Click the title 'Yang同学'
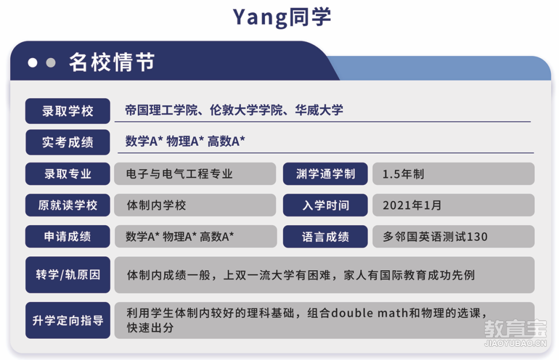(282, 17)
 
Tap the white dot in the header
(32, 63)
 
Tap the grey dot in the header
(51, 63)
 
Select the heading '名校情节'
(112, 62)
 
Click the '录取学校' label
(68, 111)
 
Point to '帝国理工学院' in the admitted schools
(161, 110)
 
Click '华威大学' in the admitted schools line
(319, 110)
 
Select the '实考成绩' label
(68, 142)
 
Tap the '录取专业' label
(68, 174)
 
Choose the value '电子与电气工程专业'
(179, 174)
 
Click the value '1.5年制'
(403, 174)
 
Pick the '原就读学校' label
(68, 205)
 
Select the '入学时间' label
(325, 205)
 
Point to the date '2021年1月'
(412, 205)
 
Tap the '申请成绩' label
(68, 236)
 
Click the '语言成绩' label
(325, 236)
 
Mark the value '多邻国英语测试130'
(435, 236)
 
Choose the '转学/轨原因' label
(68, 275)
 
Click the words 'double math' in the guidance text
(370, 313)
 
